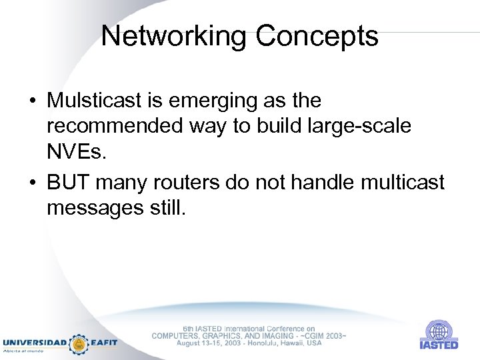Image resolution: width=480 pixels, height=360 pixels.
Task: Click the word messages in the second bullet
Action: tap(90, 208)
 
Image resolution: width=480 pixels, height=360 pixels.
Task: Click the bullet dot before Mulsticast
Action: tap(33, 102)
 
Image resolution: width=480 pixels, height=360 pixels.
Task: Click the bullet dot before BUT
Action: tap(33, 183)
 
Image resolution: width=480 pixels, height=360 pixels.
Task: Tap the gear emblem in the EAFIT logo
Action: tap(79, 343)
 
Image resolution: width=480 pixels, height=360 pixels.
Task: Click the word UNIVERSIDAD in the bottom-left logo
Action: tap(35, 343)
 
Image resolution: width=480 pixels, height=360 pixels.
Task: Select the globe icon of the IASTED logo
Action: tap(438, 331)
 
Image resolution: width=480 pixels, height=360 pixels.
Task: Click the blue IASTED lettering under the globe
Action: tap(439, 345)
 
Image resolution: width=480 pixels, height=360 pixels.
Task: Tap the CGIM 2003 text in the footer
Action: tap(322, 335)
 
